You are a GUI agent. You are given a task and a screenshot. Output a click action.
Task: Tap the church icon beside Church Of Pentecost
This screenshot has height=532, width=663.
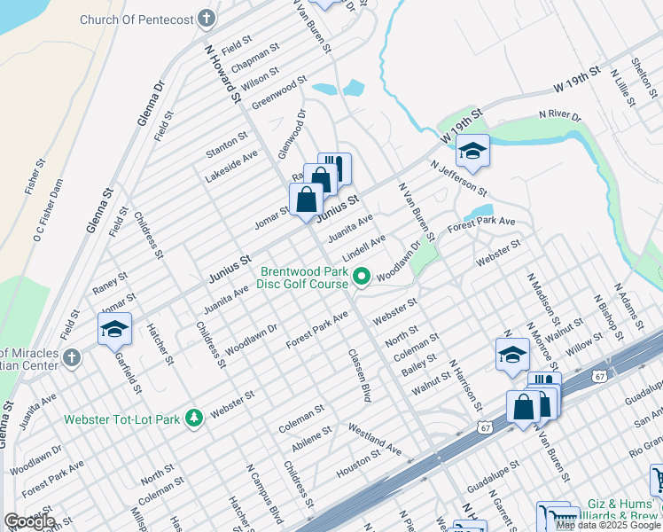coord(206,18)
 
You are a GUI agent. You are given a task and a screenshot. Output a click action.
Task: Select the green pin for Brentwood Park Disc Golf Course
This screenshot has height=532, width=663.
coord(361,278)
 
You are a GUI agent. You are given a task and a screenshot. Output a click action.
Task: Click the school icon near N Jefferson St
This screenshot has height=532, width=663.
coord(473,152)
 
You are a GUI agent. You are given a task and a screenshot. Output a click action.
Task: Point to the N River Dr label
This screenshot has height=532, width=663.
coord(560,116)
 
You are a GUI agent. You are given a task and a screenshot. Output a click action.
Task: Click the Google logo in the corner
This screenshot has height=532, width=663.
coord(28,521)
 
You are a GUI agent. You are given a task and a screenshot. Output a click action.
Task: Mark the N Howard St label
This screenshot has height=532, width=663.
coord(223,75)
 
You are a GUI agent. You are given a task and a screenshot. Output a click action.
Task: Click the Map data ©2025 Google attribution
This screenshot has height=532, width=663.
coord(607,525)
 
